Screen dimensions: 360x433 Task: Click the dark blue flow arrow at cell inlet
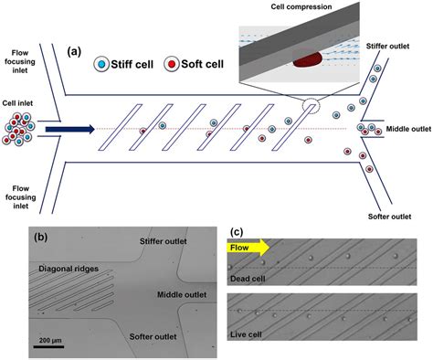tap(69, 129)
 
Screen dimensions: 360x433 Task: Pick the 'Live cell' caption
tap(250, 344)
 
